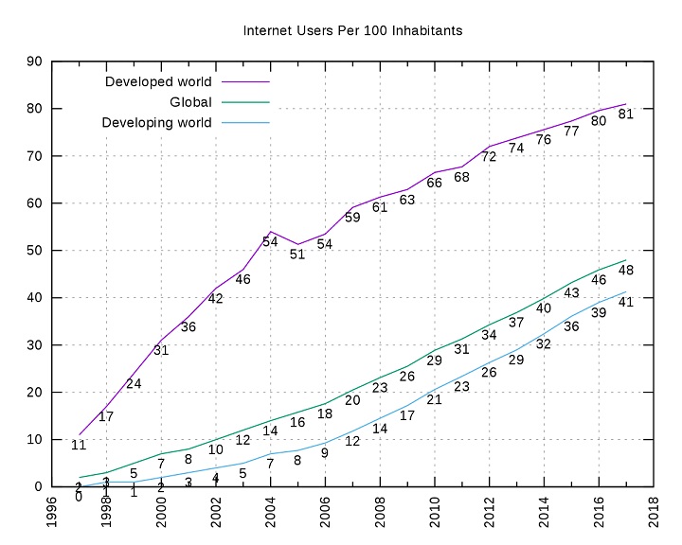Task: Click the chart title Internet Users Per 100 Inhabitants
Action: (353, 31)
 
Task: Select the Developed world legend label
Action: (158, 81)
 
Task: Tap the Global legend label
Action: (190, 102)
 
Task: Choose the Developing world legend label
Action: (156, 123)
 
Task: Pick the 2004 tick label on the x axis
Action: (270, 510)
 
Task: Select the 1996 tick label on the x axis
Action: (51, 510)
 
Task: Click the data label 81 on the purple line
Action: (625, 114)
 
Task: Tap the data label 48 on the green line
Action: (625, 271)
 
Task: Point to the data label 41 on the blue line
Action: (625, 303)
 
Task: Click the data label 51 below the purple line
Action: (297, 255)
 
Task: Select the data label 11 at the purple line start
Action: (79, 445)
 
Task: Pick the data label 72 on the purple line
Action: (489, 157)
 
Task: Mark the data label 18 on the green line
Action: (325, 413)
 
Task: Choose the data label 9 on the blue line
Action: (325, 453)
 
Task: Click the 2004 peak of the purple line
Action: (270, 231)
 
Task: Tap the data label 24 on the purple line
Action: (134, 383)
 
